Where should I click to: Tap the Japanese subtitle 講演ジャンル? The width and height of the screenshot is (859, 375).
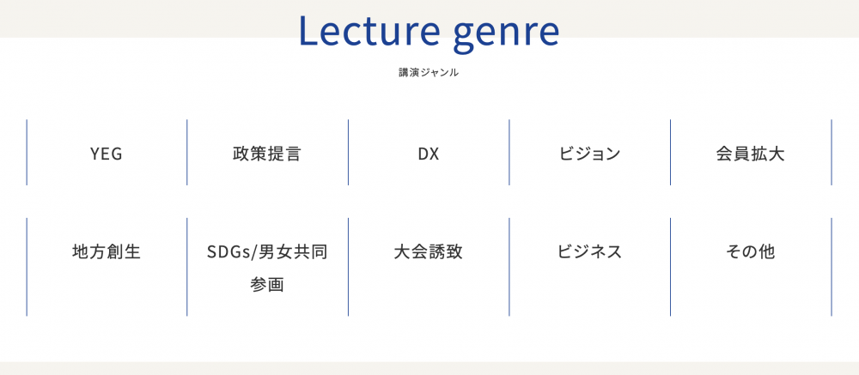[429, 72]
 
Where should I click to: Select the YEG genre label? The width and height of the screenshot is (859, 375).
[107, 154]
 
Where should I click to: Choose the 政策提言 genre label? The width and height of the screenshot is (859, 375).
[267, 154]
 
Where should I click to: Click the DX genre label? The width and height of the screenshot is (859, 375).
[429, 154]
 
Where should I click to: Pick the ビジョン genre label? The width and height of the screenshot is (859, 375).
[589, 154]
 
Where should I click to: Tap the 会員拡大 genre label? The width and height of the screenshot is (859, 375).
[750, 154]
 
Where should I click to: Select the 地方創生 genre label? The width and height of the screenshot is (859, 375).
[107, 251]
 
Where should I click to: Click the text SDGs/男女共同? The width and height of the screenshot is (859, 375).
[267, 251]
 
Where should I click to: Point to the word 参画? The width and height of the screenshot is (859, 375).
[267, 285]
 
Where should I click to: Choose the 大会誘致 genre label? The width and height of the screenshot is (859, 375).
[429, 251]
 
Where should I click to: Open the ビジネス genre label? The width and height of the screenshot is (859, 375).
[589, 251]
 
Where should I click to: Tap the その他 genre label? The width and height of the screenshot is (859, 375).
[750, 251]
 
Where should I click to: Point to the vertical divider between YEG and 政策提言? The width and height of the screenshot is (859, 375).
[186, 152]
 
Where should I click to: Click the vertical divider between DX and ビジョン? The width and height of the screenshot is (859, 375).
[509, 152]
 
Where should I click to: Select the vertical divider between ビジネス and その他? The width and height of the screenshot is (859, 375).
[670, 267]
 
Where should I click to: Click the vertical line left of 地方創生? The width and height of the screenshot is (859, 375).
[27, 267]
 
